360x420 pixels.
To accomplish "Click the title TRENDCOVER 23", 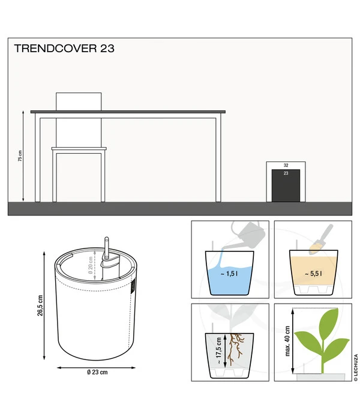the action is [x=64, y=49].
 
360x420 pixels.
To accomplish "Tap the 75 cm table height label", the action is [x=20, y=155].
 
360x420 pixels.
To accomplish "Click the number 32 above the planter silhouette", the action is [x=286, y=165].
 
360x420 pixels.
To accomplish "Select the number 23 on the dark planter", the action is [x=286, y=173].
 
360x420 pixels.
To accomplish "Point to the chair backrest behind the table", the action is [x=79, y=101].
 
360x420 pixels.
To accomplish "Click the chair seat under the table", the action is [x=79, y=148].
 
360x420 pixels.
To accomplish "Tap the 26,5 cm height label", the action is [x=40, y=305].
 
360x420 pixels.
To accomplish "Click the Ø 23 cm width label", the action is [x=97, y=372].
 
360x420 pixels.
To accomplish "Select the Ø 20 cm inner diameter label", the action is [x=90, y=265].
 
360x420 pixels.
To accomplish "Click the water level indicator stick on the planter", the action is [x=106, y=248].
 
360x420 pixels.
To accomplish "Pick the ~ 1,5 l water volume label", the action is [x=229, y=274].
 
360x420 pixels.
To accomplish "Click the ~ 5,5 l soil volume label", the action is [x=313, y=274].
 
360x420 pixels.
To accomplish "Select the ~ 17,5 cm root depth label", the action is [x=218, y=350].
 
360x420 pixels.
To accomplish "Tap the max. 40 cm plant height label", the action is [x=287, y=341].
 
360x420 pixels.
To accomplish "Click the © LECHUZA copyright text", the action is [x=356, y=367].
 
